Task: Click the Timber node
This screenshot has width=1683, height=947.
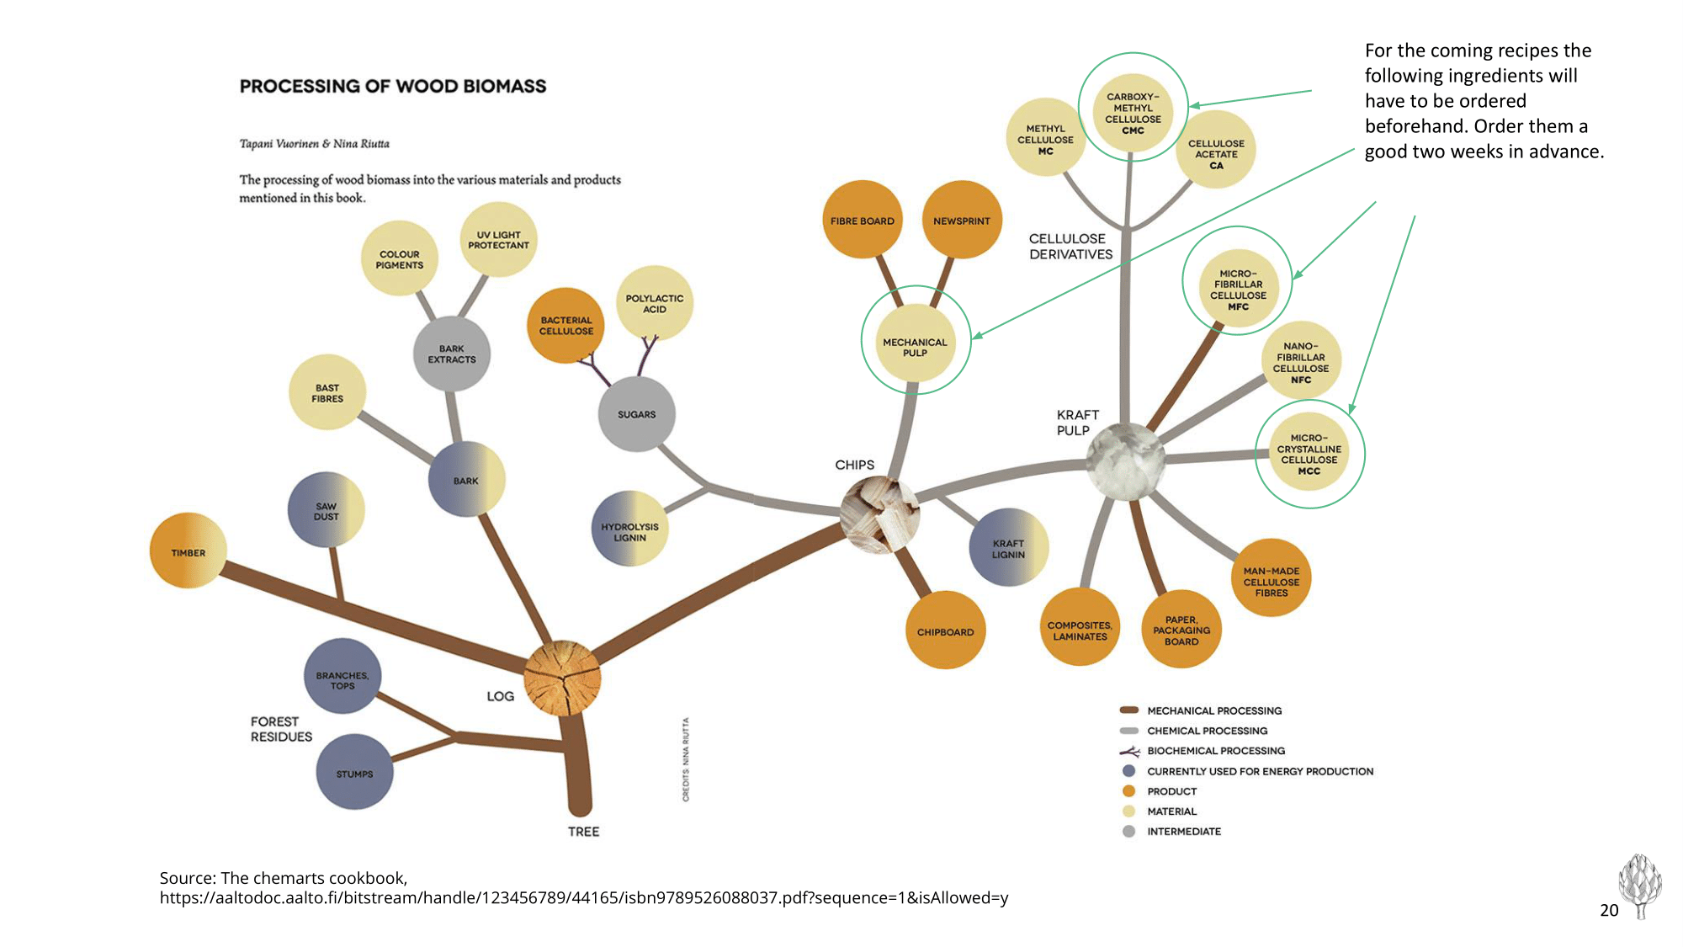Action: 188,551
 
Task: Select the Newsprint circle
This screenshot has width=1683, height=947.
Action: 962,220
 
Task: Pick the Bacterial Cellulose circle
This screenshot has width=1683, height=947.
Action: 566,326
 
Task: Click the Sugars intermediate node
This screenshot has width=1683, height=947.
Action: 636,414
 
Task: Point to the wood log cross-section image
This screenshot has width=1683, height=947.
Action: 562,678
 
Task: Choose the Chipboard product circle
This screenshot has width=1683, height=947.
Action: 945,630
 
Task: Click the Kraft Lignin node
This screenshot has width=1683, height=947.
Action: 1008,547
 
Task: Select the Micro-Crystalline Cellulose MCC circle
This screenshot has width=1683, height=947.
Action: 1309,454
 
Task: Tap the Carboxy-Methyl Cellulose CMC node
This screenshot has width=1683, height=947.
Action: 1133,113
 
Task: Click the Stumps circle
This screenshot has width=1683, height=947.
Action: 354,773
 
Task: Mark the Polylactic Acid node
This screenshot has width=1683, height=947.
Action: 655,303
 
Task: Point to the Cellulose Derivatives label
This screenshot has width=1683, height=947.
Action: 1070,246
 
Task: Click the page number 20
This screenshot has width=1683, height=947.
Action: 1609,910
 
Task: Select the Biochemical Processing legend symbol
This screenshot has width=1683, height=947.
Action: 1129,751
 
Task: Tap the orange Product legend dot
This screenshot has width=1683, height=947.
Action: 1129,791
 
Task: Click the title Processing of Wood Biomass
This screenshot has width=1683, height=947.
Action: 393,86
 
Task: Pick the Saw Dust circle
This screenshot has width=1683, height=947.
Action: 326,511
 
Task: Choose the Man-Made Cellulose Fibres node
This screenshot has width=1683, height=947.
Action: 1271,581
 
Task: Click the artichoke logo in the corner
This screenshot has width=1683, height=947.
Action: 1639,884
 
